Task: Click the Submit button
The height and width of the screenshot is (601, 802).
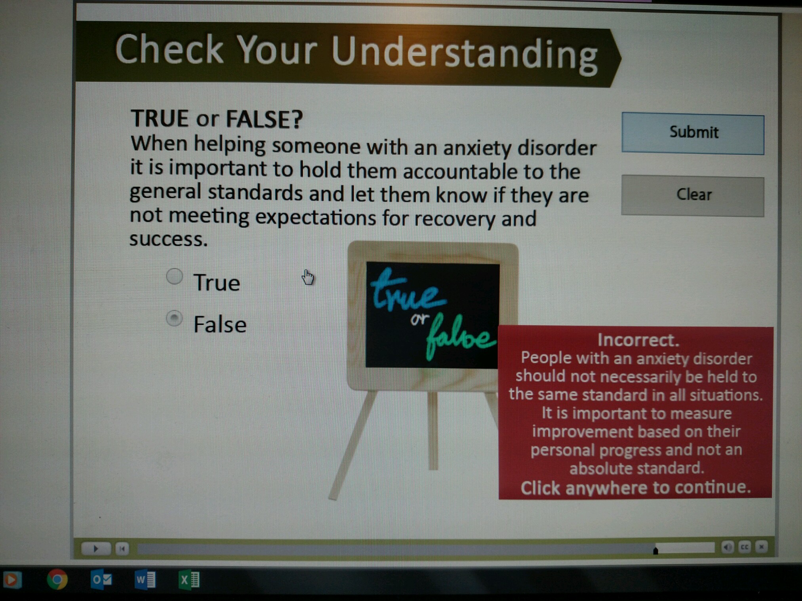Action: (693, 133)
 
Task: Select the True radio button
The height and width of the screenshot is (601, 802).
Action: (174, 276)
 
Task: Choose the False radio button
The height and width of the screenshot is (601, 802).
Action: (174, 319)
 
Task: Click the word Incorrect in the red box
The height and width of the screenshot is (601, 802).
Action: (638, 340)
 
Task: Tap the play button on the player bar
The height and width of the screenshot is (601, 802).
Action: (95, 548)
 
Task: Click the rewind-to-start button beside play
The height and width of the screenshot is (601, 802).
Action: (122, 548)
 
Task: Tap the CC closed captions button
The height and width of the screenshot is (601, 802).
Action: (745, 547)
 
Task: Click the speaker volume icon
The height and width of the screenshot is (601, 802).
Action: (728, 547)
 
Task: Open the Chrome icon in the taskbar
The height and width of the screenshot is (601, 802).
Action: (57, 580)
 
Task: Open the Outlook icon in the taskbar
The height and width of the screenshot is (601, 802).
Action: (101, 580)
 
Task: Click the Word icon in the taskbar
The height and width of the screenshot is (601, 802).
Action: (145, 580)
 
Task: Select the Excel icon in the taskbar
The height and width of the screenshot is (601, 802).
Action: (189, 580)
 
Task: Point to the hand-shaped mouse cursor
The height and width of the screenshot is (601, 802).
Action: (308, 277)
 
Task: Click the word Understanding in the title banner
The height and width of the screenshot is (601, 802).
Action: (464, 54)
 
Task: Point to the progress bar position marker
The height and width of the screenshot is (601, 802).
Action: (655, 550)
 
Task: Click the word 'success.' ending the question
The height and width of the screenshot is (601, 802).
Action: (169, 239)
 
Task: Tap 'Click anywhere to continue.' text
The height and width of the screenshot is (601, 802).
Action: (636, 488)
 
